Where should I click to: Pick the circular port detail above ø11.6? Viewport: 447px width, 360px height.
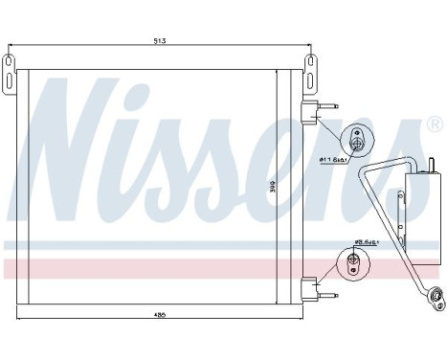pos(356,140)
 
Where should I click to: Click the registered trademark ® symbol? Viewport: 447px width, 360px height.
pos(433,125)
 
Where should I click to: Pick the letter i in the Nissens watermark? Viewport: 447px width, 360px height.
pos(158,153)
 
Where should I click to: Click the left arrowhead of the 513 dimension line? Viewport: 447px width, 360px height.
pos(11,47)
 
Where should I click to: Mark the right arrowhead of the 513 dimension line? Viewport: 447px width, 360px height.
pos(307,47)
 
